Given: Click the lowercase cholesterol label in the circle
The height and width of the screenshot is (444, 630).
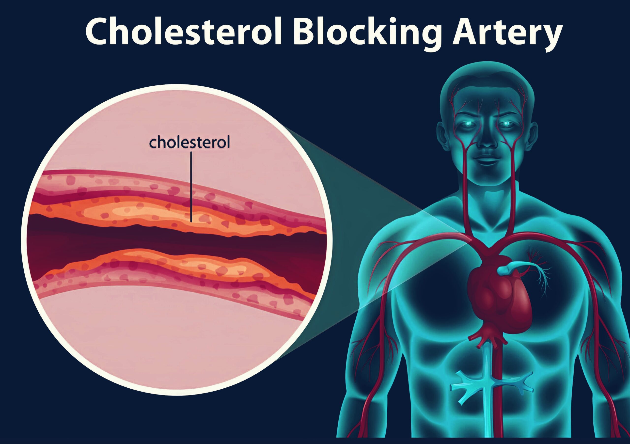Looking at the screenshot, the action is (x=189, y=143).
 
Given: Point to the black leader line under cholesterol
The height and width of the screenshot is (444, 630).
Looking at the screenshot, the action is (x=191, y=187).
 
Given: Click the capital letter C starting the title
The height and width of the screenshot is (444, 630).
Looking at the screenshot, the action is (x=97, y=31).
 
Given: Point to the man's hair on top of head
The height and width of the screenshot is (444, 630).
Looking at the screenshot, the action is (x=487, y=82).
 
